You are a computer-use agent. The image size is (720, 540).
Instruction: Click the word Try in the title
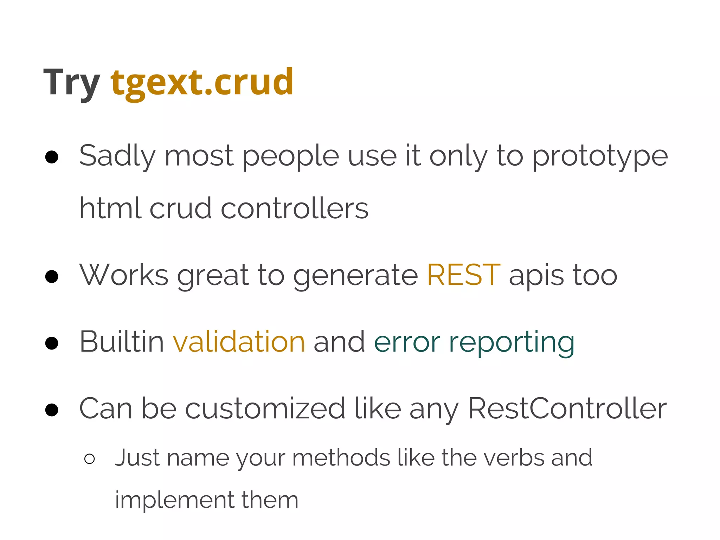[71, 83]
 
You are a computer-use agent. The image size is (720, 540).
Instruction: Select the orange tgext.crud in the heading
[202, 83]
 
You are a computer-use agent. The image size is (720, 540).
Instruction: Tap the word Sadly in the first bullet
[117, 156]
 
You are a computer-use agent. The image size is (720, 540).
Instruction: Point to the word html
[110, 208]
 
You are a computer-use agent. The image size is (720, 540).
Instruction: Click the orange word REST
[464, 275]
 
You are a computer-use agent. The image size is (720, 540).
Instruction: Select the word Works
[124, 275]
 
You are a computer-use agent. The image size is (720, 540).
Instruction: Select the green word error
[407, 342]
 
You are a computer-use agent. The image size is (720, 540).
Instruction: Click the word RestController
[567, 409]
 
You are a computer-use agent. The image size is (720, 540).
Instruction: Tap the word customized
[265, 409]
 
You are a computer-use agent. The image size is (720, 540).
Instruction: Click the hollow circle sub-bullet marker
[90, 459]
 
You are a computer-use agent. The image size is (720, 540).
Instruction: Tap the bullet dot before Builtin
[52, 343]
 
